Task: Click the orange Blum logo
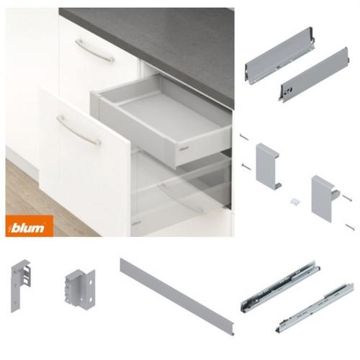(x=30, y=226)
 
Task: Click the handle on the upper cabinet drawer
(x=94, y=51)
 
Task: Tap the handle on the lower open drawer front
(x=78, y=130)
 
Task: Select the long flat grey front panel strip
(x=177, y=297)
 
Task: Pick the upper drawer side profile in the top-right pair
(x=279, y=55)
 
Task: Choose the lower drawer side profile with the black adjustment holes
(x=314, y=75)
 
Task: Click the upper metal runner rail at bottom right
(x=280, y=287)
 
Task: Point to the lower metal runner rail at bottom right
(x=315, y=308)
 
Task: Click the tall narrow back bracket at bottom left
(x=20, y=286)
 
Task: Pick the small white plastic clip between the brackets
(x=294, y=201)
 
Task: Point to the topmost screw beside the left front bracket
(x=244, y=137)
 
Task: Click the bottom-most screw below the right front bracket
(x=350, y=227)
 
